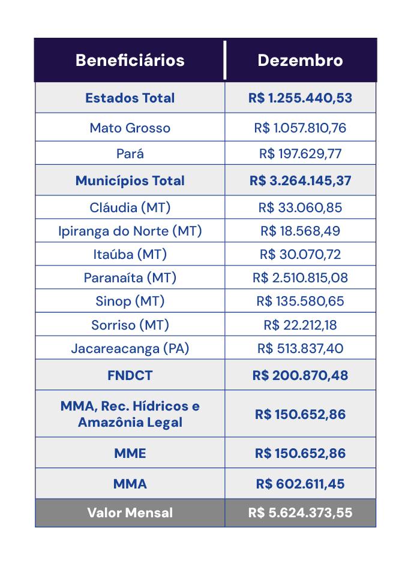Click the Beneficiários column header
pyautogui.click(x=130, y=61)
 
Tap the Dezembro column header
pyautogui.click(x=300, y=61)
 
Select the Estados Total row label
pyautogui.click(x=130, y=98)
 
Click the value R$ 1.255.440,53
pyautogui.click(x=300, y=98)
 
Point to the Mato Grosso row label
pyautogui.click(x=130, y=128)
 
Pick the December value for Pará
pyautogui.click(x=300, y=153)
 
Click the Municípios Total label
pyautogui.click(x=130, y=180)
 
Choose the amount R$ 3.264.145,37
pyautogui.click(x=300, y=180)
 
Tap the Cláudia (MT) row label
pyautogui.click(x=130, y=207)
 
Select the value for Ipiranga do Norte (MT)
pyautogui.click(x=300, y=231)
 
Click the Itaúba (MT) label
pyautogui.click(x=130, y=254)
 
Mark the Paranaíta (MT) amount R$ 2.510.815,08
pyautogui.click(x=300, y=278)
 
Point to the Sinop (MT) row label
pyautogui.click(x=130, y=301)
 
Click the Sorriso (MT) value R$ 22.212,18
pyautogui.click(x=300, y=325)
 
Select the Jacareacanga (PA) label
pyautogui.click(x=130, y=348)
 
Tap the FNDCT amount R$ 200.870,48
pyautogui.click(x=300, y=376)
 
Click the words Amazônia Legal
pyautogui.click(x=130, y=422)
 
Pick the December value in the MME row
pyautogui.click(x=300, y=453)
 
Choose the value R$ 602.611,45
pyautogui.click(x=300, y=484)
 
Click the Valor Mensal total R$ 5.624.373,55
pyautogui.click(x=300, y=513)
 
